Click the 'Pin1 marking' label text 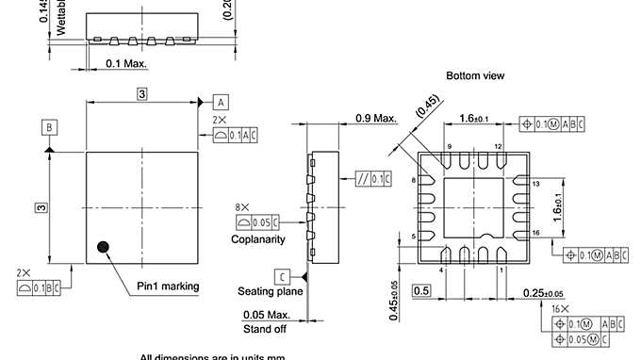(168, 286)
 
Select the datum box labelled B (49, 126)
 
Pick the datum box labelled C (282, 276)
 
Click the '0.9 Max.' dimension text (375, 117)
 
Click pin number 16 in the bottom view (534, 232)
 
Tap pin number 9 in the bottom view (450, 146)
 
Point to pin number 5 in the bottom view (414, 236)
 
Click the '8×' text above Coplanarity (243, 206)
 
